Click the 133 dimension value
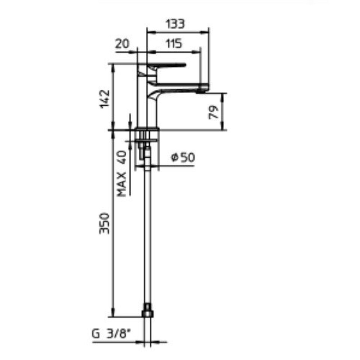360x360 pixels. [x=175, y=24]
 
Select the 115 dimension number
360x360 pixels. [x=174, y=43]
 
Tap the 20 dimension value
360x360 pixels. [x=122, y=43]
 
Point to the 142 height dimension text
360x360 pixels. [x=105, y=99]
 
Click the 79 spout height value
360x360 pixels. [x=213, y=112]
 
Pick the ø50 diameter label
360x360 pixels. [x=183, y=157]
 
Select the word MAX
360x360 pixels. [x=121, y=184]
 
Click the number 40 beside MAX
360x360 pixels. [x=121, y=157]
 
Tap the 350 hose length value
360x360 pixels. [x=105, y=223]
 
